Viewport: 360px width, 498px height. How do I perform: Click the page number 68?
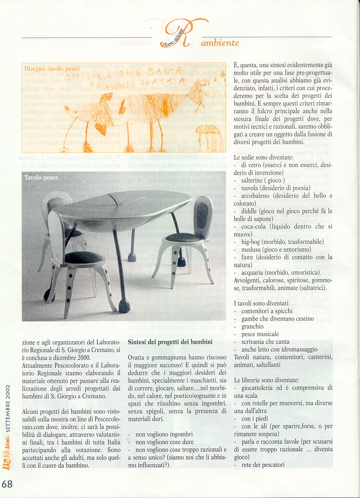tap(7, 484)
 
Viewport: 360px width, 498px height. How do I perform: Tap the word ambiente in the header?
tap(220, 43)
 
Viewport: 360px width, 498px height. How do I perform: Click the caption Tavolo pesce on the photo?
tap(41, 178)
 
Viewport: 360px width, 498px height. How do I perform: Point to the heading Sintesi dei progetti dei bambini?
tap(170, 342)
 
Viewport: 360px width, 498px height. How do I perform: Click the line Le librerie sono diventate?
tap(266, 380)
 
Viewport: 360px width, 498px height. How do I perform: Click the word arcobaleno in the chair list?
tap(260, 196)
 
